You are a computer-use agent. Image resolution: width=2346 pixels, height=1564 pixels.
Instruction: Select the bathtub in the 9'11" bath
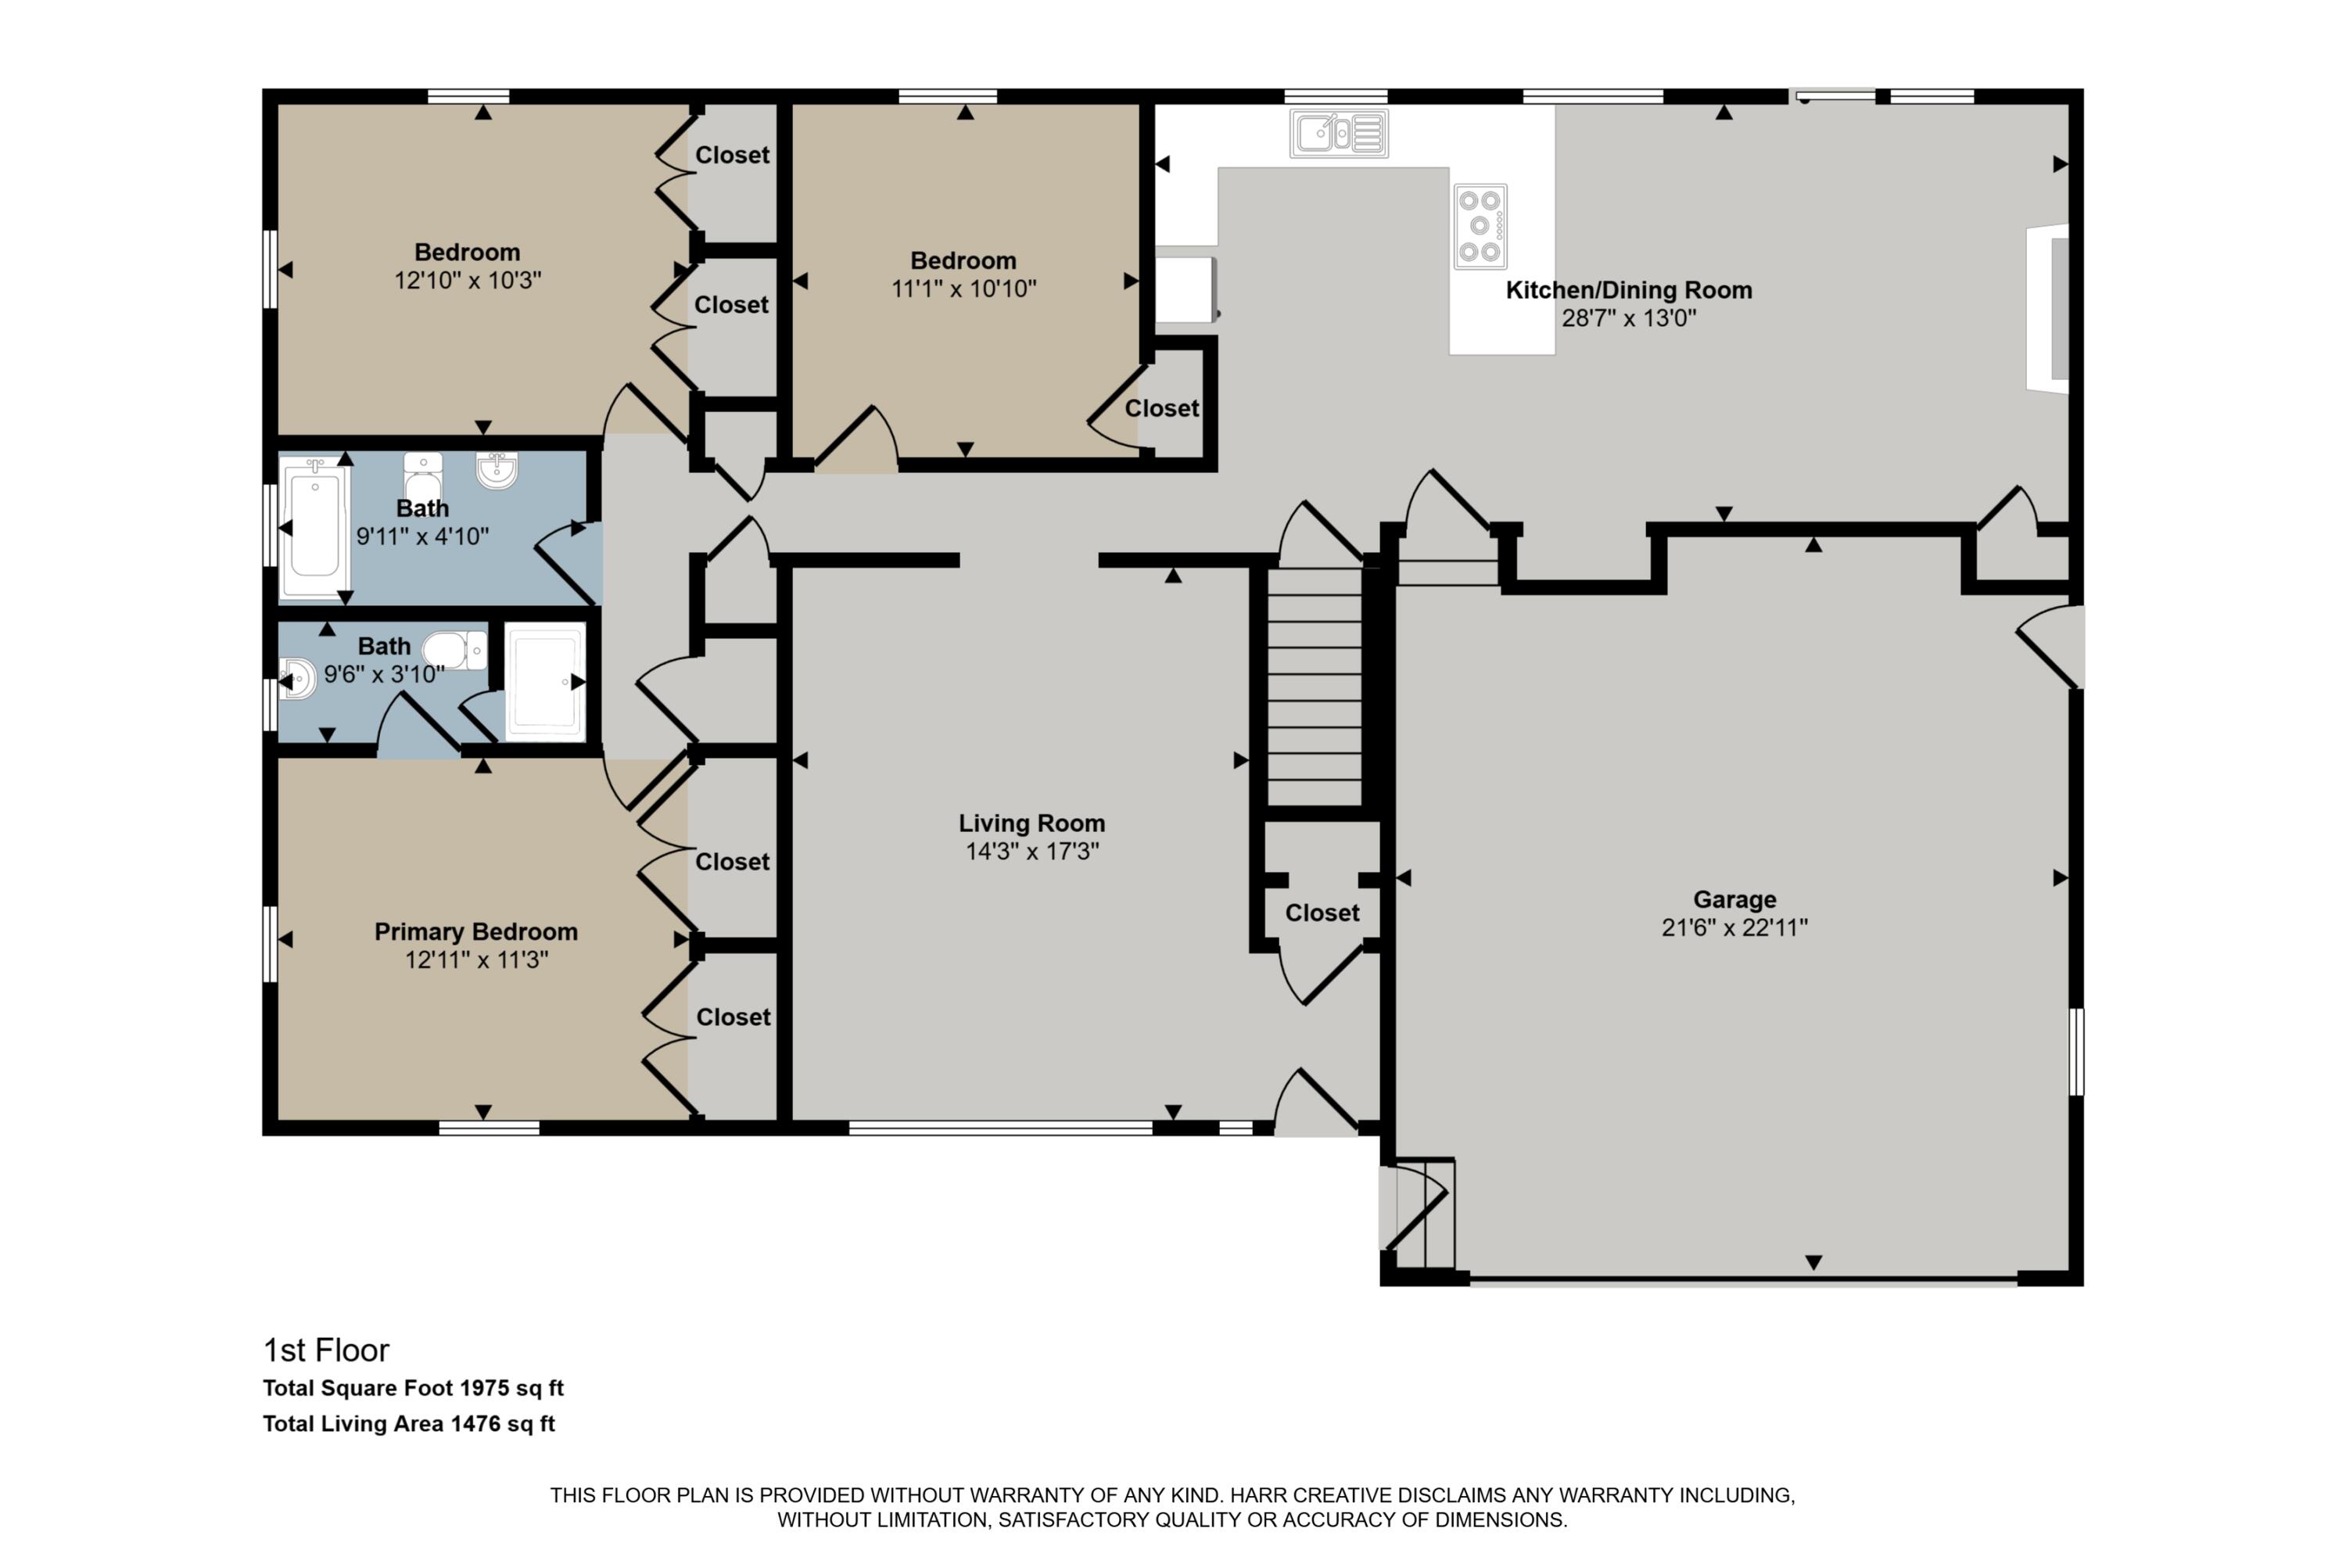(x=314, y=528)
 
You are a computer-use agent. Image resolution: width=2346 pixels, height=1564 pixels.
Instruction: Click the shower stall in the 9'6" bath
(x=544, y=681)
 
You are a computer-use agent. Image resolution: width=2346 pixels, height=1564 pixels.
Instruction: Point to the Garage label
(x=1734, y=900)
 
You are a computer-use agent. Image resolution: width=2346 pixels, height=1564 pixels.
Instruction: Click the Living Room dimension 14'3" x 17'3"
(x=1031, y=852)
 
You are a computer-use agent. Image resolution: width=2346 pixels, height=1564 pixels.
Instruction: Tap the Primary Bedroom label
(x=475, y=931)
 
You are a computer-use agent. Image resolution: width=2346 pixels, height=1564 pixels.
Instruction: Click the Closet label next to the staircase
(x=1322, y=913)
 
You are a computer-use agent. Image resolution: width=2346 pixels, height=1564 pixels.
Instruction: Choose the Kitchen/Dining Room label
(x=1628, y=290)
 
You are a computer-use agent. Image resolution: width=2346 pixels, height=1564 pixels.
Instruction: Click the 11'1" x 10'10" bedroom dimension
(x=963, y=289)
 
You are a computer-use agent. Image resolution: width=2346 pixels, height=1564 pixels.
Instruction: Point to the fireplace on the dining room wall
(x=2050, y=308)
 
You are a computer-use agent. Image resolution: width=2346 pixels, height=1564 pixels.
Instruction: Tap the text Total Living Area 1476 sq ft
(x=408, y=1424)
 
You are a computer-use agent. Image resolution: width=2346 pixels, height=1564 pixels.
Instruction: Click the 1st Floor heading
(x=325, y=1351)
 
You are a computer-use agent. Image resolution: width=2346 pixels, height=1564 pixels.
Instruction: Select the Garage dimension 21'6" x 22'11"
(x=1734, y=927)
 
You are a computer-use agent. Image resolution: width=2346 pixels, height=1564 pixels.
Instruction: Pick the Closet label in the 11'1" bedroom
(x=1161, y=408)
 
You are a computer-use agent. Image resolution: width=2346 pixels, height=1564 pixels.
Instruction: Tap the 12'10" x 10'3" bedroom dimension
(x=467, y=280)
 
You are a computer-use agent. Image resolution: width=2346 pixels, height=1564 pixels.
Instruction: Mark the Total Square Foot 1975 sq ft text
(x=413, y=1389)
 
